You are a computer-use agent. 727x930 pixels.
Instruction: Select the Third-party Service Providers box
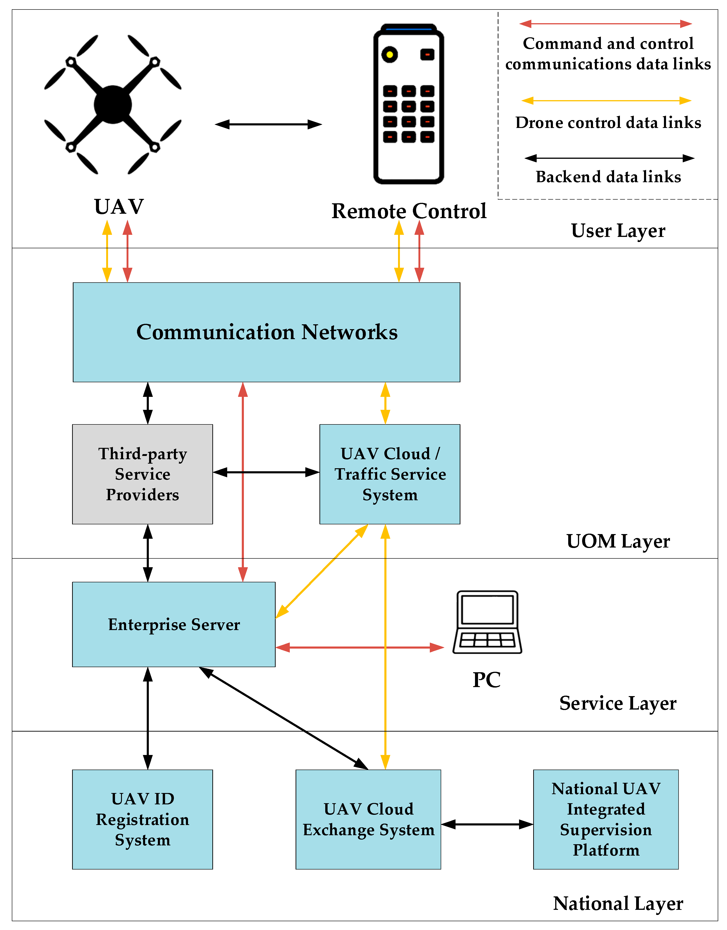pyautogui.click(x=142, y=474)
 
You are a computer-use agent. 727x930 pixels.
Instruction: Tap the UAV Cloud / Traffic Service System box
pyautogui.click(x=390, y=474)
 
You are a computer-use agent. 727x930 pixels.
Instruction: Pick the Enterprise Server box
pyautogui.click(x=174, y=624)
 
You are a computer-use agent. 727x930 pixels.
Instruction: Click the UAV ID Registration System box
pyautogui.click(x=142, y=819)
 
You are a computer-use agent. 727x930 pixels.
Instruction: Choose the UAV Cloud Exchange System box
pyautogui.click(x=368, y=819)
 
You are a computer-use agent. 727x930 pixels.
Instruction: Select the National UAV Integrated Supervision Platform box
pyautogui.click(x=606, y=819)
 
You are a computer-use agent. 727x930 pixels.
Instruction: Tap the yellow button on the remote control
pyautogui.click(x=389, y=54)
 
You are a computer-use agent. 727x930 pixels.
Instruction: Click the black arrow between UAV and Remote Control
pyautogui.click(x=268, y=124)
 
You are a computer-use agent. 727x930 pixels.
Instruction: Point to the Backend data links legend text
pyautogui.click(x=608, y=177)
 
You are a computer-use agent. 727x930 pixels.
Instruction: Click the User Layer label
pyautogui.click(x=618, y=231)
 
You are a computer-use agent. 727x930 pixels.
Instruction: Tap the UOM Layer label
pyautogui.click(x=618, y=541)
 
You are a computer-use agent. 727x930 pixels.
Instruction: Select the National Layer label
pyautogui.click(x=618, y=904)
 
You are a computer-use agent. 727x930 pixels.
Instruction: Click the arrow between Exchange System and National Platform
pyautogui.click(x=487, y=824)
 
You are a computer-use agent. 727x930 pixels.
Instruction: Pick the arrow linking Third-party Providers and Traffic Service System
pyautogui.click(x=266, y=472)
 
